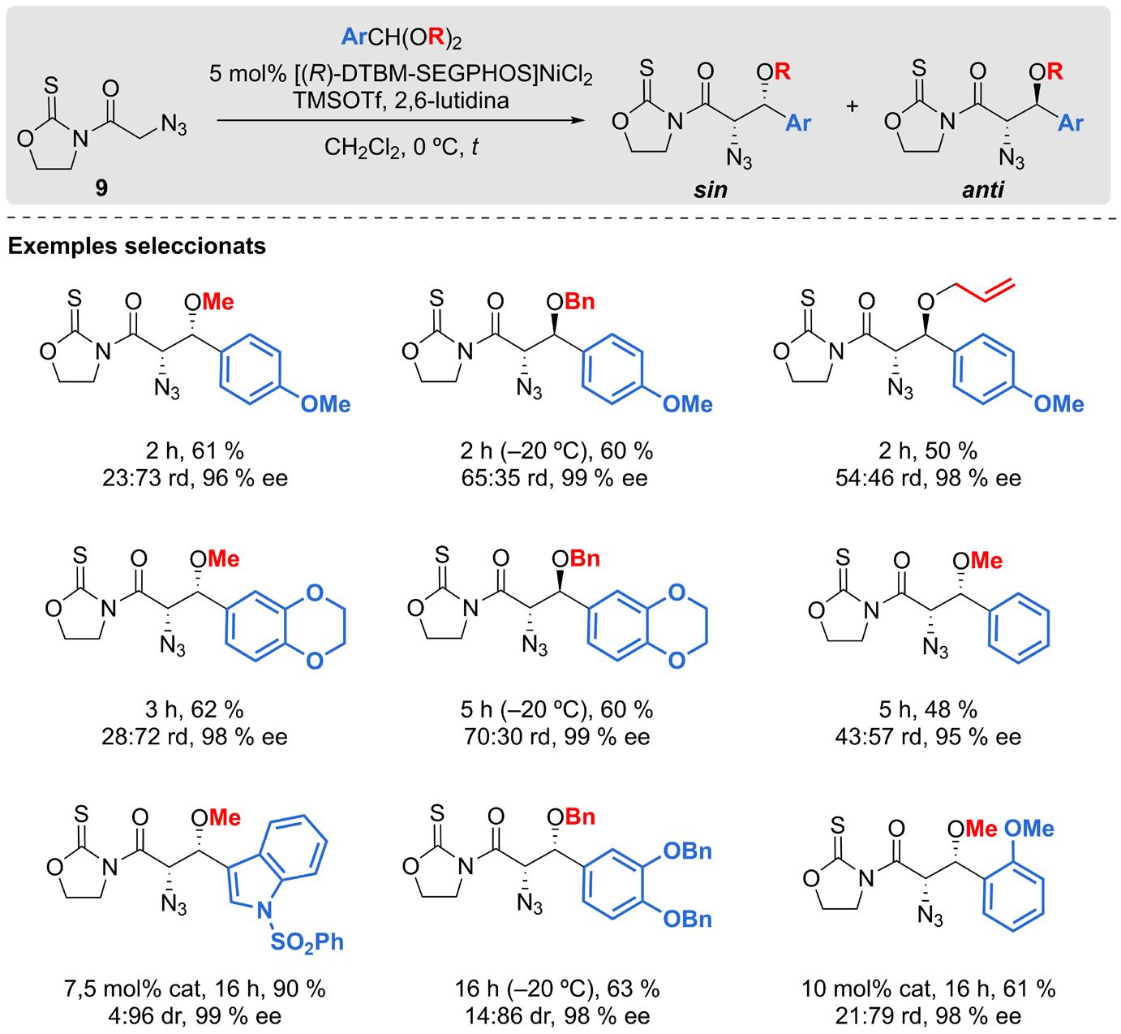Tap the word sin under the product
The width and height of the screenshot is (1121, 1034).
(710, 190)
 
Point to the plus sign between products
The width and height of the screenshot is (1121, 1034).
(853, 106)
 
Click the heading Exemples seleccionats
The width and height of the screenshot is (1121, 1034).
(137, 246)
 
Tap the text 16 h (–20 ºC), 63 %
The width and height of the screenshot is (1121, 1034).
(556, 989)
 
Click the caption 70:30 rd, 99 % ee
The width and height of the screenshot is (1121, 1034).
(556, 737)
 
